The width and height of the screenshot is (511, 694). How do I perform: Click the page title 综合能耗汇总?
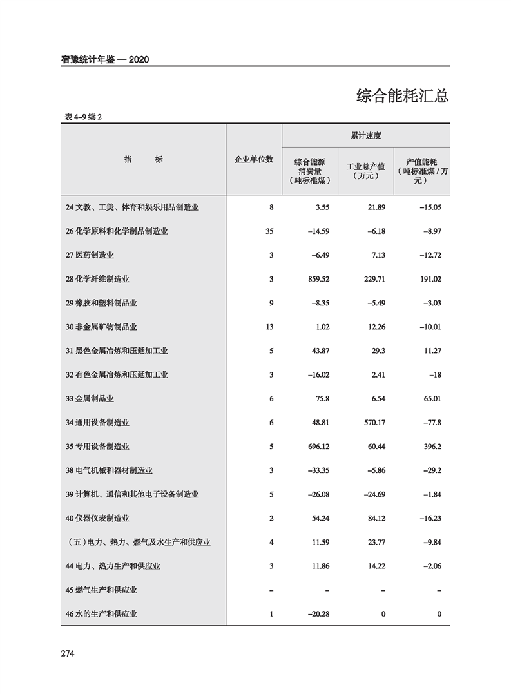(x=402, y=97)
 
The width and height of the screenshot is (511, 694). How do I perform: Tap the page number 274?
(x=68, y=653)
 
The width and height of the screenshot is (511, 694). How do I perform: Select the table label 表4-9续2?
(x=84, y=117)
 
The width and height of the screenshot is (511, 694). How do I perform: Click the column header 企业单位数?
(x=254, y=159)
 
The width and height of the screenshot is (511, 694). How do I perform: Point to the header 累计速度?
(x=366, y=136)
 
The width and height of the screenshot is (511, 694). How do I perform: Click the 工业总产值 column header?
(x=366, y=171)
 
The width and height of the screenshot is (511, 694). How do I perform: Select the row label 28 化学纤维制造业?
(x=97, y=279)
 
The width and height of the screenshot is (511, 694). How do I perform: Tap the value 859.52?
(x=317, y=279)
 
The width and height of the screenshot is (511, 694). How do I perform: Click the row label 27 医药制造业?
(x=90, y=255)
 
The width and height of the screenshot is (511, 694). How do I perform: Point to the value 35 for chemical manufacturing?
(x=269, y=231)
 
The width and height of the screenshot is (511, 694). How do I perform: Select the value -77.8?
(x=429, y=423)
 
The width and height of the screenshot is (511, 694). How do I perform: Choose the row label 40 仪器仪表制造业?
(x=97, y=519)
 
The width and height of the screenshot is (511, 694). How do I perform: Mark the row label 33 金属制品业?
(x=90, y=399)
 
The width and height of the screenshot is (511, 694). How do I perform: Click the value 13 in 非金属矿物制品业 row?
(x=269, y=327)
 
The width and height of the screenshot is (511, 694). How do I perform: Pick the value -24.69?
(x=372, y=495)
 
